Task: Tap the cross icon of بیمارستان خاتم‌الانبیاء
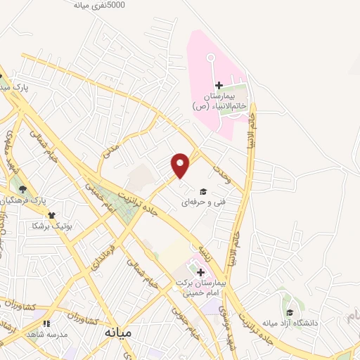coord(219,85)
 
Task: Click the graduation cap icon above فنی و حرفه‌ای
coord(203,191)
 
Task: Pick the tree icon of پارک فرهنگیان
coord(22,188)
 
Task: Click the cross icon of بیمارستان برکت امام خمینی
coord(200,272)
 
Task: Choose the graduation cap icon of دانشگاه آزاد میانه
coord(289,313)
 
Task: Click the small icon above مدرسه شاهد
coord(46,323)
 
